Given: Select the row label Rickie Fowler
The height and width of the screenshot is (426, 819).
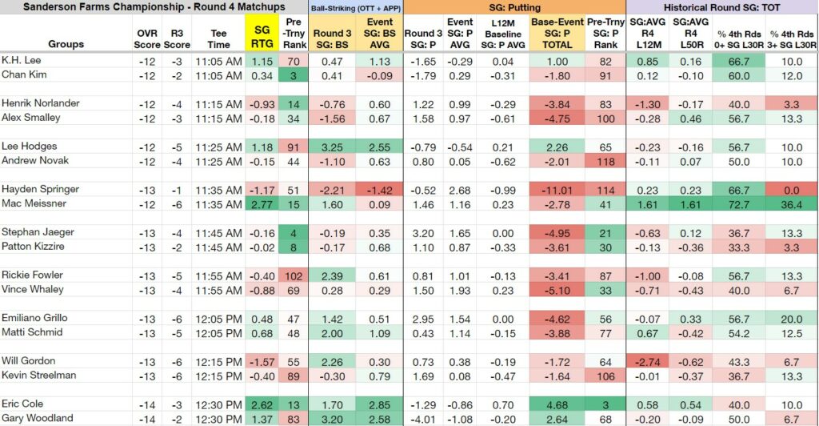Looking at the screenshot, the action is (x=32, y=275).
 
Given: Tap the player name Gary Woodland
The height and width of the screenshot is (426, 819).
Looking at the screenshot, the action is (x=37, y=418).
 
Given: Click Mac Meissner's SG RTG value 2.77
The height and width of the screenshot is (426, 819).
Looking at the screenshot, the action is (x=262, y=204).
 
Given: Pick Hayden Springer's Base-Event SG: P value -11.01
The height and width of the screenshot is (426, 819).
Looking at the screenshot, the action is (x=557, y=191).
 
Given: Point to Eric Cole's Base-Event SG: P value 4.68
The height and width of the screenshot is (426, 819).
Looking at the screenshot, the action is (x=557, y=405).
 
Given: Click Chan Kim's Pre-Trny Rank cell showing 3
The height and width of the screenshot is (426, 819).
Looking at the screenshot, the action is (x=294, y=76).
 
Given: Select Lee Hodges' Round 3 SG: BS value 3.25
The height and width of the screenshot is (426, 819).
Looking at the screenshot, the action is (x=332, y=147).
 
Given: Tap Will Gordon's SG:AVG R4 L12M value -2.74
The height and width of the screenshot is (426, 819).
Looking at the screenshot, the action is (x=648, y=362).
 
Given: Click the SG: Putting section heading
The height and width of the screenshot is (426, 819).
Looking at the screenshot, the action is (x=514, y=7).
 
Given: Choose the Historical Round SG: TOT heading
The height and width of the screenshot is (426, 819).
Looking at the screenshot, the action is (x=722, y=7).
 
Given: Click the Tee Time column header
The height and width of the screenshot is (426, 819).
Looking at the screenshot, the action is (x=218, y=38).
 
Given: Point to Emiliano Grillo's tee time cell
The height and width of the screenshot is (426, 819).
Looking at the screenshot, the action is (x=219, y=319).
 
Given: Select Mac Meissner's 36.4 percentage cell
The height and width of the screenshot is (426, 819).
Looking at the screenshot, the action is (x=792, y=204).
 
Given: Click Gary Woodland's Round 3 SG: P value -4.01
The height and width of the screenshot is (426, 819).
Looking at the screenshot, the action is (x=423, y=420).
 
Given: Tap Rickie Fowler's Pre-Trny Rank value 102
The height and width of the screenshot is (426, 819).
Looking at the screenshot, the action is (x=294, y=276).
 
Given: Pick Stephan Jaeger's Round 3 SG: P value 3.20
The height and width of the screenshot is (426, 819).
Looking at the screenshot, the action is (x=423, y=233).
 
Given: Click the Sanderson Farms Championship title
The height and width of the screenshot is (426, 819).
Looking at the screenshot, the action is (x=154, y=6).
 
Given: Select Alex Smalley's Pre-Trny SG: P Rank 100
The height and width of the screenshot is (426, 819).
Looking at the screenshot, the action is (x=605, y=119).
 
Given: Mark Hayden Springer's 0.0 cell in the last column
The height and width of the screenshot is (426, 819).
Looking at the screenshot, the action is (x=792, y=191).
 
